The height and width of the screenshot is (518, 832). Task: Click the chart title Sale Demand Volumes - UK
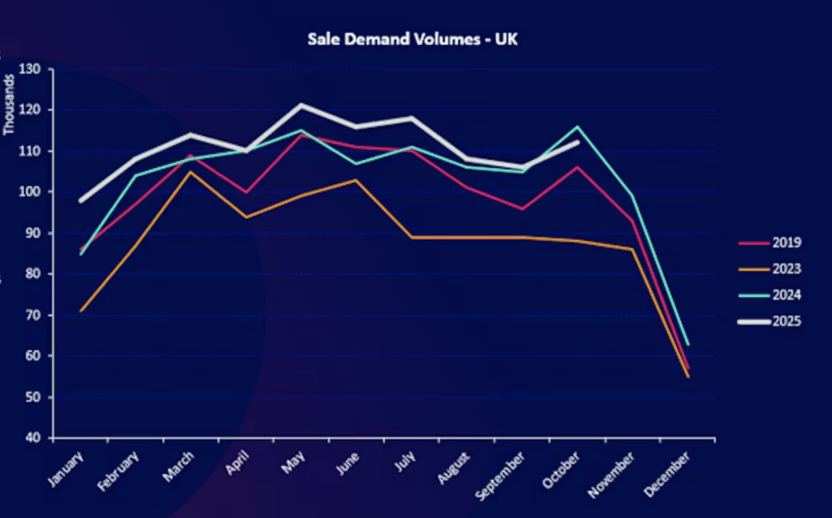pos(412,39)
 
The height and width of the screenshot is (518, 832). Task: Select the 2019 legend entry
pos(786,242)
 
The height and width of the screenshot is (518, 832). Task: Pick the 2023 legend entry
pos(786,269)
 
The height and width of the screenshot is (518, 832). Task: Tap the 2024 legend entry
pos(786,295)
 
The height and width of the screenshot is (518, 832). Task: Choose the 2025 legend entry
pos(786,321)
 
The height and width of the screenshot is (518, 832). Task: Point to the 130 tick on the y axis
pos(30,69)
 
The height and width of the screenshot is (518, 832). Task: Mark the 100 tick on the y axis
pos(30,192)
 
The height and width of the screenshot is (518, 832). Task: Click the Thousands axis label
pos(9,105)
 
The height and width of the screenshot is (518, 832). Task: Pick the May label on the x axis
pos(292,462)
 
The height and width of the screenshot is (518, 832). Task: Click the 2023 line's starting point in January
pos(81,311)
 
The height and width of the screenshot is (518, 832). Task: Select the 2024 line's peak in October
pos(578,127)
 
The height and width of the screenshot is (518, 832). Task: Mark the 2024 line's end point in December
pos(688,344)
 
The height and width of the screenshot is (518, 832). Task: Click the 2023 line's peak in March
pos(191,172)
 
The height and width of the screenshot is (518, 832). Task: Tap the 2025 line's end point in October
pos(578,142)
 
